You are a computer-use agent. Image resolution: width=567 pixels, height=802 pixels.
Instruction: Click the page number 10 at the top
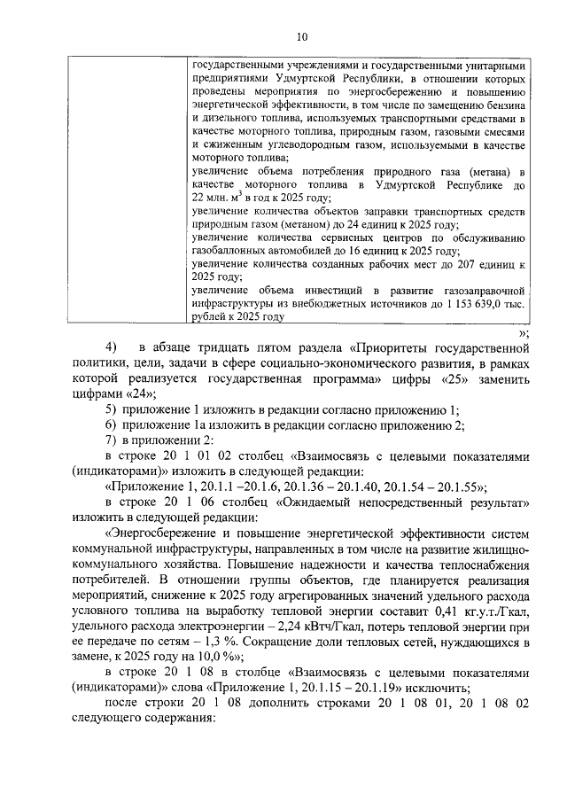[x=301, y=36]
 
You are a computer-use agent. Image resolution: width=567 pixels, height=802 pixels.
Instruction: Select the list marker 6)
[x=111, y=425]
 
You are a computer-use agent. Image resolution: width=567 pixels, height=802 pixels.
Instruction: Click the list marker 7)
[x=111, y=440]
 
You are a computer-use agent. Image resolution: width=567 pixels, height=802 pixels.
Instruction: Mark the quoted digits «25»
[x=453, y=378]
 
